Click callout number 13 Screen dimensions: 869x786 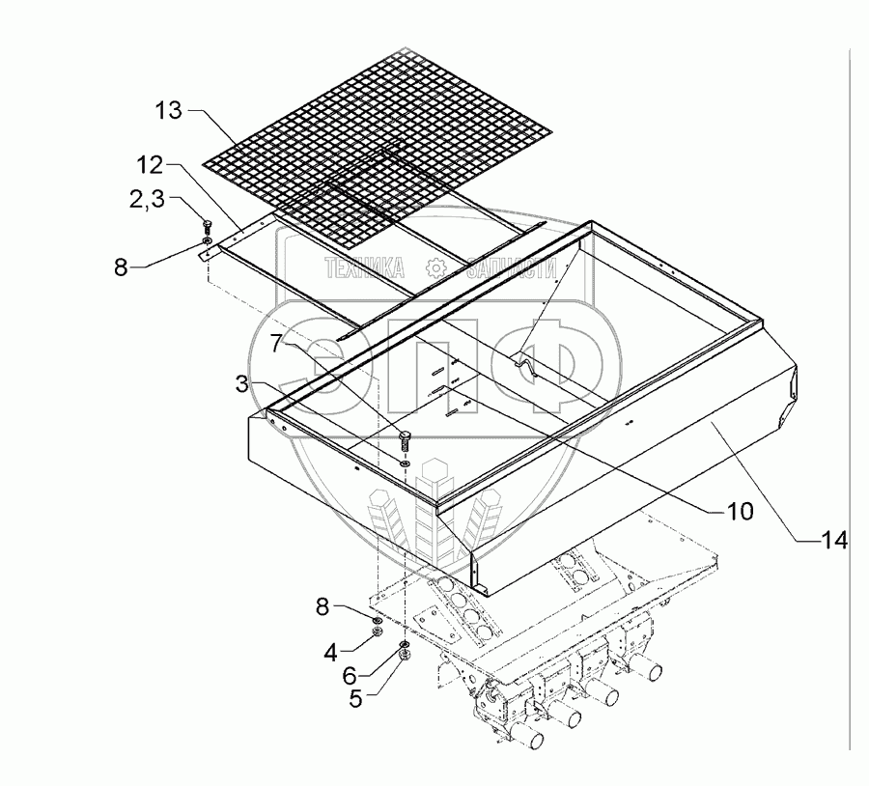click(168, 111)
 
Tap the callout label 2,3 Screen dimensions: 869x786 click(148, 199)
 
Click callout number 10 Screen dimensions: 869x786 click(740, 512)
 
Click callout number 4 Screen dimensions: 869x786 click(330, 652)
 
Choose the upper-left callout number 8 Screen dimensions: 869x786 click(121, 267)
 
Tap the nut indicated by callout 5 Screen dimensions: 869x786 click(406, 655)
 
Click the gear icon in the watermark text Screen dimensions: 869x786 click(435, 268)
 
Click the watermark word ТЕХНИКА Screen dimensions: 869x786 click(364, 268)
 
